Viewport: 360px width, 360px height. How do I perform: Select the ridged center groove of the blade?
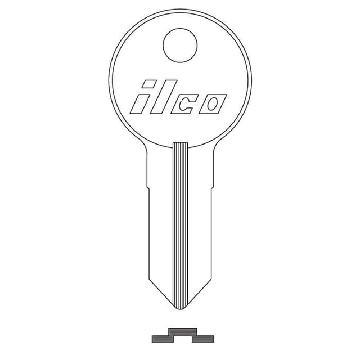(x=180, y=225)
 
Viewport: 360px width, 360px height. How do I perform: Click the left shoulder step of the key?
(x=147, y=186)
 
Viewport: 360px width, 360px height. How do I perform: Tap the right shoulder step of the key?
(x=213, y=186)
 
